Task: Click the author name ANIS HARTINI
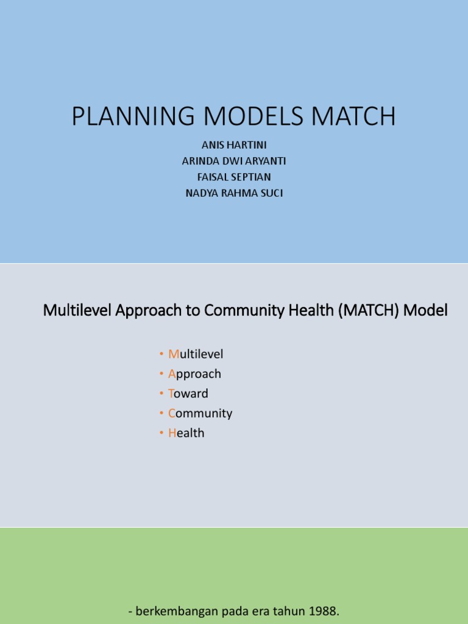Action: coord(235,145)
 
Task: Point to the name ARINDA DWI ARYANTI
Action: coord(235,161)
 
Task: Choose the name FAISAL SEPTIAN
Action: coord(235,177)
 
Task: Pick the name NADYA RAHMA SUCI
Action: coord(235,193)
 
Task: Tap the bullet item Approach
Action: coord(194,374)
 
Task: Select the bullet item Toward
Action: coord(188,394)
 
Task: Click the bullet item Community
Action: coord(200,413)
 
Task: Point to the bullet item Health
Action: coord(186,433)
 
